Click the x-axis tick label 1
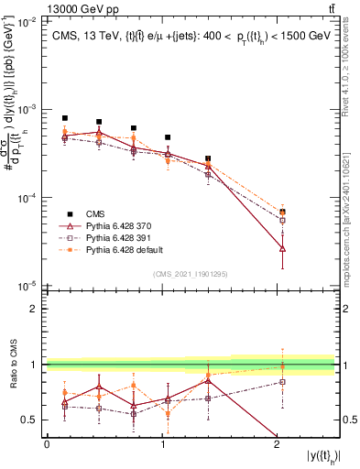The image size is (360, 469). click(x=162, y=444)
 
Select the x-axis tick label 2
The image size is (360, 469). click(x=278, y=444)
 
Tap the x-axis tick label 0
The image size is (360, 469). click(x=47, y=444)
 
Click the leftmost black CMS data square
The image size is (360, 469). click(x=64, y=118)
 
